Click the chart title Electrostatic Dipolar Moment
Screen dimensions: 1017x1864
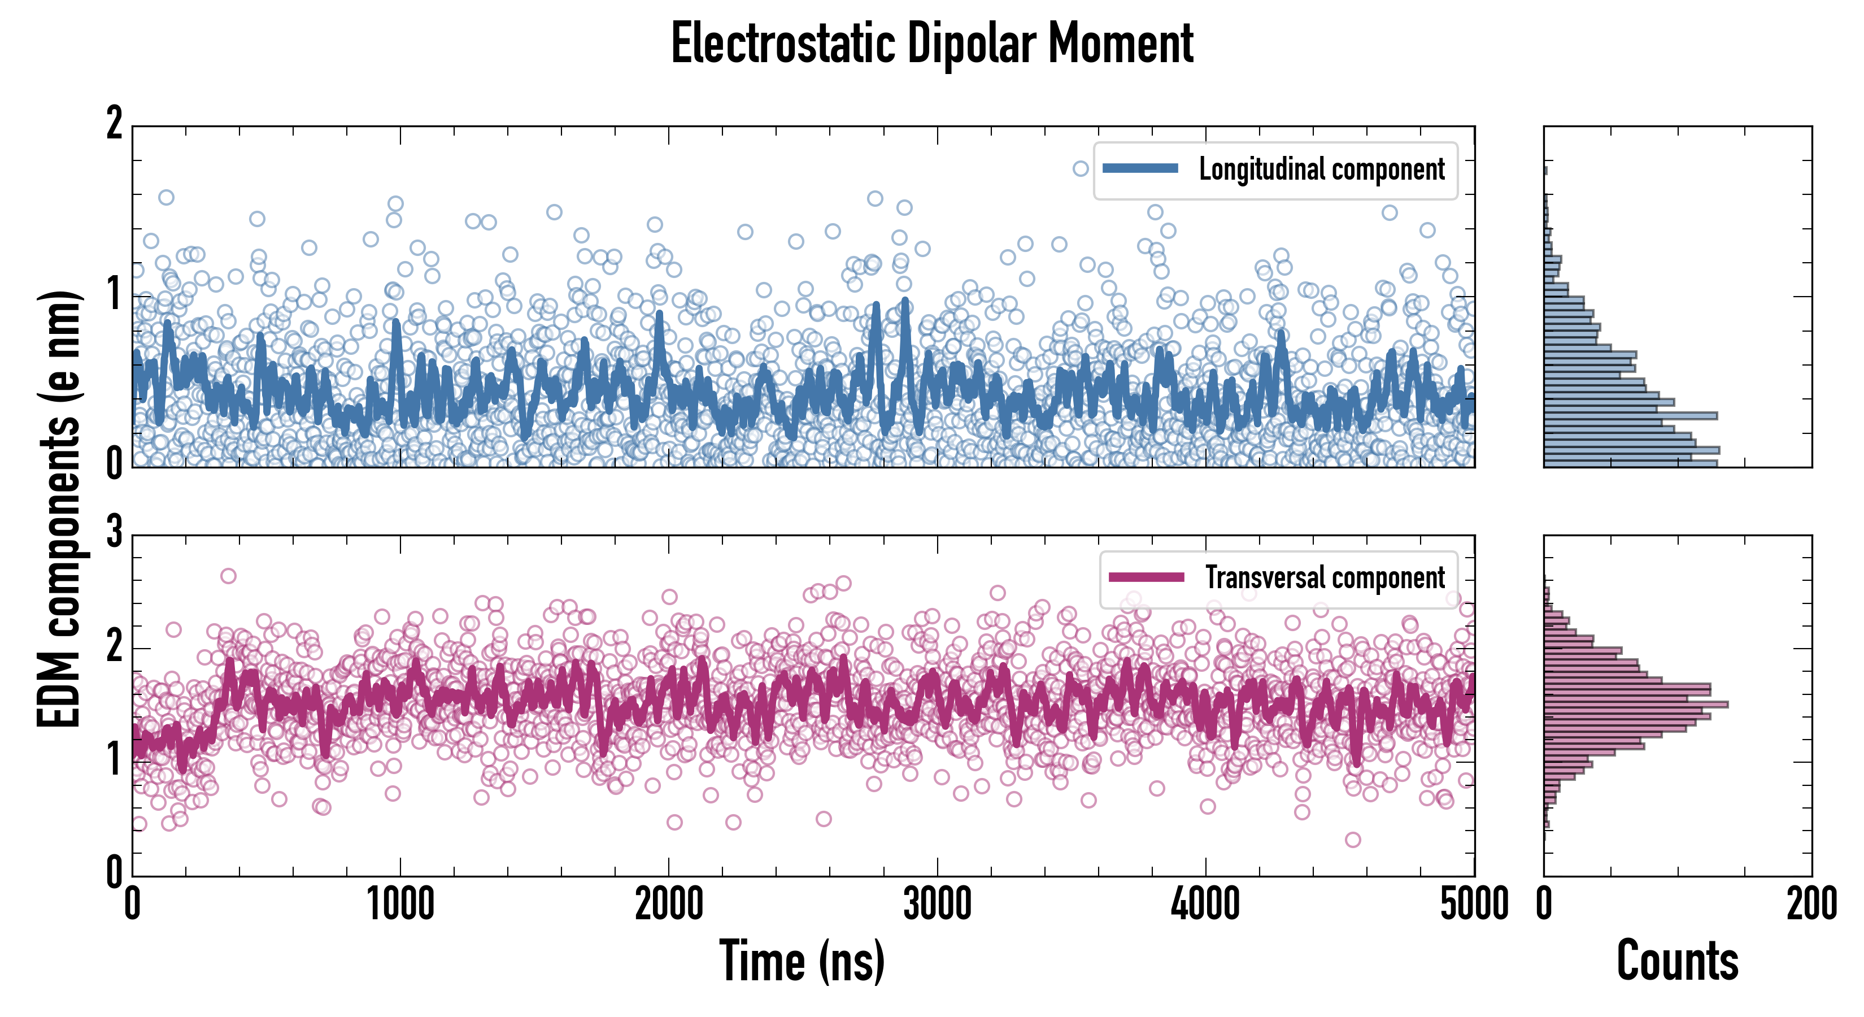932,44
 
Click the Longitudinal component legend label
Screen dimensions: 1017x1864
1321,169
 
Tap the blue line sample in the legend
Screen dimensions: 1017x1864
1140,169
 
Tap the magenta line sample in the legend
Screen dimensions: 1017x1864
1146,577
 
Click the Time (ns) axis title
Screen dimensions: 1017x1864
802,961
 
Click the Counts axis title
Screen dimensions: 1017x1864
1677,961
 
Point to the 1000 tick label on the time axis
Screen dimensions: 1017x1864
400,905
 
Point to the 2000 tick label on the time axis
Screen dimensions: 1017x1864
669,905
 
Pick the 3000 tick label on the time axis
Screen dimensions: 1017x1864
937,905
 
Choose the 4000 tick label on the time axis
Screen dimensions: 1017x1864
1205,905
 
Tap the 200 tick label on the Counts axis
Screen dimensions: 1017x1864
1811,905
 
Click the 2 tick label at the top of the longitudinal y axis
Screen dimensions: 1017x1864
114,124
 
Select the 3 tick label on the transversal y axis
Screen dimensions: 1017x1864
114,533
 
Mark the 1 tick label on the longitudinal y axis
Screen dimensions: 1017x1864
114,294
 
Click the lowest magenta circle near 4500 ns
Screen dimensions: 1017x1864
1352,840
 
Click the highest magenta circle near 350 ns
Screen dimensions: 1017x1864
228,576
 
